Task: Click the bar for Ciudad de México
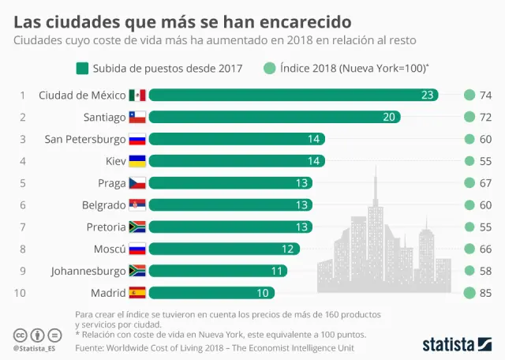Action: (x=292, y=96)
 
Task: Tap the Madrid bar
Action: (x=212, y=293)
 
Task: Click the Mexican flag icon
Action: (x=138, y=96)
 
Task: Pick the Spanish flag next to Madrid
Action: (x=138, y=293)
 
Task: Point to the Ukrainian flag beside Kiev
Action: (x=138, y=161)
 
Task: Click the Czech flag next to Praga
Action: (x=138, y=183)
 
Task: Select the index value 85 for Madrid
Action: (x=485, y=293)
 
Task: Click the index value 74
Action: (x=485, y=96)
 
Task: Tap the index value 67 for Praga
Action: (x=485, y=183)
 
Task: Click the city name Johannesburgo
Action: (x=88, y=271)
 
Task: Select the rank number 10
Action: (x=21, y=293)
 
